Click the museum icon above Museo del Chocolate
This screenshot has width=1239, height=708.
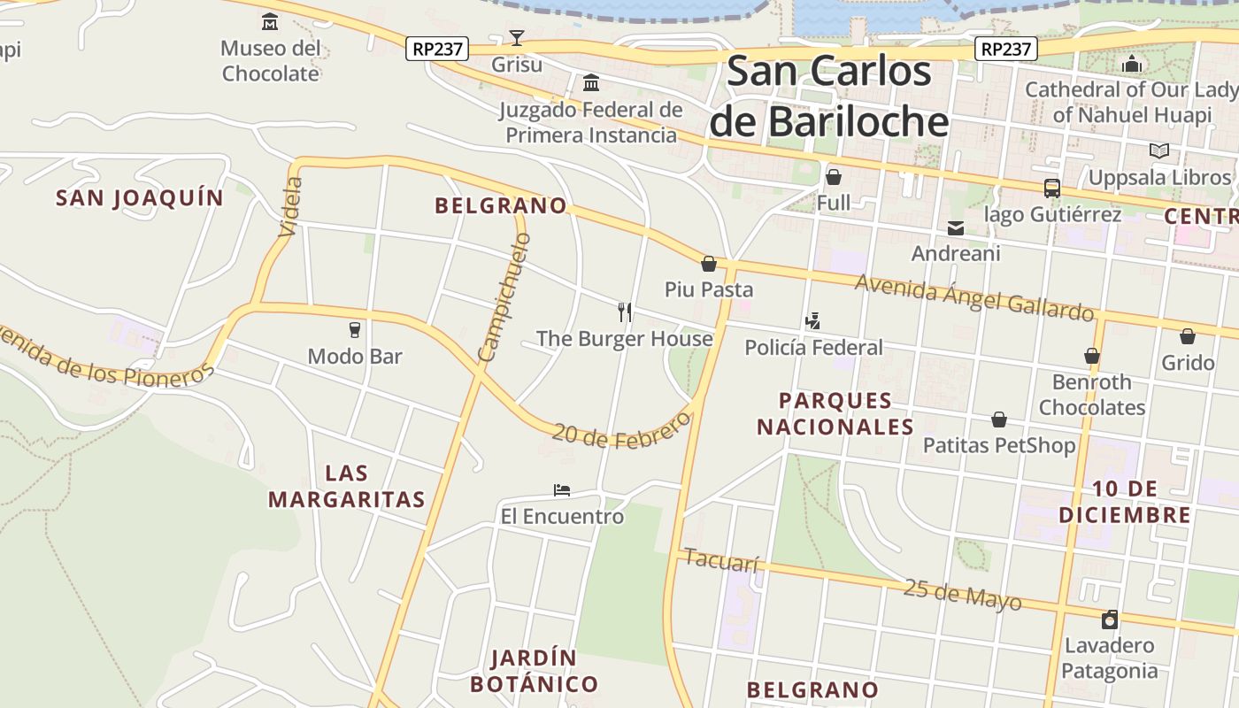point(270,21)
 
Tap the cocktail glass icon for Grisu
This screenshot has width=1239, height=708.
point(517,38)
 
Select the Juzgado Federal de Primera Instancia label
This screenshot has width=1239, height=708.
point(590,123)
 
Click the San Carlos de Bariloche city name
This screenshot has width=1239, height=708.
point(829,96)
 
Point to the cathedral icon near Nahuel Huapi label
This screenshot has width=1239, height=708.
point(1131,64)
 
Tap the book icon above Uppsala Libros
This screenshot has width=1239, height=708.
point(1158,151)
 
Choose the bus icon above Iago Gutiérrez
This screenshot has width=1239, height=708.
point(1052,188)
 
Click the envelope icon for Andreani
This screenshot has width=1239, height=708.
point(956,227)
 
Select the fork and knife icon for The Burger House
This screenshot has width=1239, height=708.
point(625,312)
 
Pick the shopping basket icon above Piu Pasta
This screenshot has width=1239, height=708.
point(708,264)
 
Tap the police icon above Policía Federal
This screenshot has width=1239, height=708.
point(813,320)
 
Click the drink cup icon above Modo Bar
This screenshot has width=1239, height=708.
point(355,330)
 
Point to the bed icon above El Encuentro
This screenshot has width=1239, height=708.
point(562,489)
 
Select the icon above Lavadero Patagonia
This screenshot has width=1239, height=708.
point(1109,619)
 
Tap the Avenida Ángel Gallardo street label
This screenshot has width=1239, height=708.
point(974,297)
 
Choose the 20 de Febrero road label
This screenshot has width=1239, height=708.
point(620,431)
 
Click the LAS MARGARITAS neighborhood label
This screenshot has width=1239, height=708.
point(347,486)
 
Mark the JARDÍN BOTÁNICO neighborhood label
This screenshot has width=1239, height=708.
point(534,671)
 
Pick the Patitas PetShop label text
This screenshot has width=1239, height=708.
point(999,445)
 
